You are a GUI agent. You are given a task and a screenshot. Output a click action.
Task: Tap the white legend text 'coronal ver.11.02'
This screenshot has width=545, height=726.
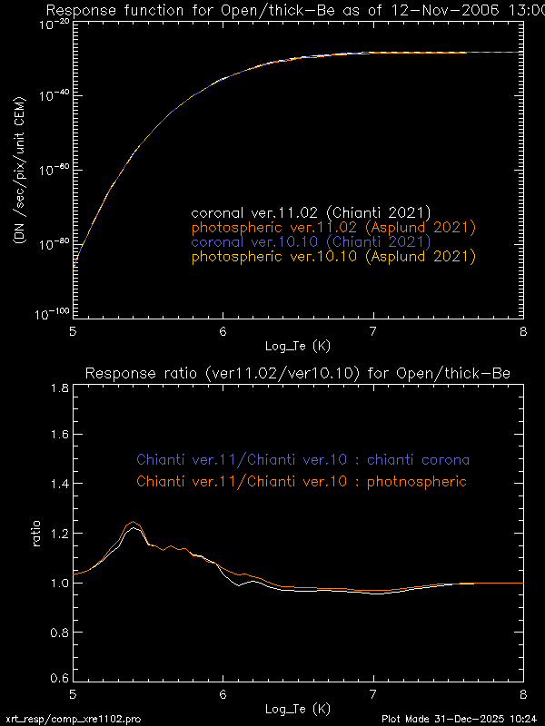[311, 212]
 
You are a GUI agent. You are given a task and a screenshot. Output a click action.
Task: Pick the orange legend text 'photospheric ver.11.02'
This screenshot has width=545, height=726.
[333, 227]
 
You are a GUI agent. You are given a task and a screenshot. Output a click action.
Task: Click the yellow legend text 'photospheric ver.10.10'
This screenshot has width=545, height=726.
[333, 257]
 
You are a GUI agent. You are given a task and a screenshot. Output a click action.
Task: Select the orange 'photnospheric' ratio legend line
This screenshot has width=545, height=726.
[302, 481]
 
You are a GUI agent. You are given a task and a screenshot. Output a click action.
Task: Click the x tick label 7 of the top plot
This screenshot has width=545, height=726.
[372, 330]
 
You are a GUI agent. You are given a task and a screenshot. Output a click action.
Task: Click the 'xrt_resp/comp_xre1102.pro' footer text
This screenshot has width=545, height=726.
[73, 718]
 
